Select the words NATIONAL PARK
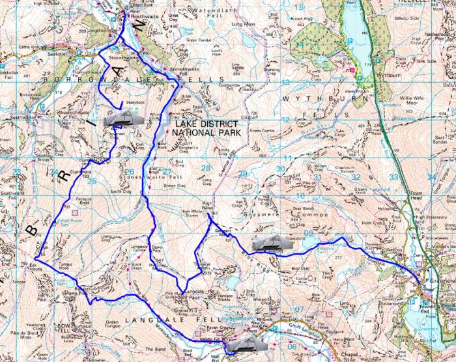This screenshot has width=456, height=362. pyautogui.click(x=204, y=132)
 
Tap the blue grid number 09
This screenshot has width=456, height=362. pyautogui.click(x=308, y=232)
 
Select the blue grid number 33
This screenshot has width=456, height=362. pyautogui.click(x=393, y=176)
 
